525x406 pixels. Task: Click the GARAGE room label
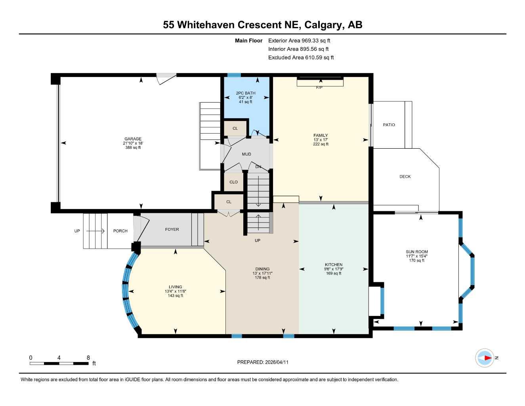133,139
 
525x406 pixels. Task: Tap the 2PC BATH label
246,93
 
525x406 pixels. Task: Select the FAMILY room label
321,135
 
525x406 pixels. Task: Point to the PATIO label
389,125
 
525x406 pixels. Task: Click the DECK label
405,176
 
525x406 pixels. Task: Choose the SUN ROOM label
417,252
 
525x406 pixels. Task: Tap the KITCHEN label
334,264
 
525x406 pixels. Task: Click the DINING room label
262,269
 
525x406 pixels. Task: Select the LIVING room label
176,287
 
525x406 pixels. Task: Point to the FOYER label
172,229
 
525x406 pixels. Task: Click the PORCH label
120,231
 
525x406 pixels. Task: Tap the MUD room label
246,154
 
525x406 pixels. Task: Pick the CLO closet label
233,182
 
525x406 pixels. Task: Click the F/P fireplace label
319,88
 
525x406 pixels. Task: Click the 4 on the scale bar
59,358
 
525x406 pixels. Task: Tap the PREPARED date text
263,362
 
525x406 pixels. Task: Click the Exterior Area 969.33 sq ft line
299,40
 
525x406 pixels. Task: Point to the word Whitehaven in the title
206,25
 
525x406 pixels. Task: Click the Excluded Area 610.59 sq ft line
301,57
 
